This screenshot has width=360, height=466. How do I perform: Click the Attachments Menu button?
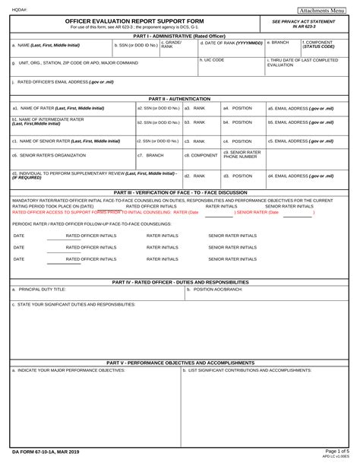[x=322, y=11]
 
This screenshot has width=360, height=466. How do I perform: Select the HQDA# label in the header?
[x=21, y=10]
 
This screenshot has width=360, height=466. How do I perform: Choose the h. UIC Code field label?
[x=212, y=59]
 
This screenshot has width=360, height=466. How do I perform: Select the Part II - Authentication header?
[x=179, y=99]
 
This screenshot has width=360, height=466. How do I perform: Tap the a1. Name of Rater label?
[x=47, y=108]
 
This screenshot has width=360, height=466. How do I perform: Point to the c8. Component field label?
[x=201, y=155]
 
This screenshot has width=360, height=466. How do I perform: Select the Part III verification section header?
[x=179, y=192]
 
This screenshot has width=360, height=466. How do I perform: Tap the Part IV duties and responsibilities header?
[x=179, y=281]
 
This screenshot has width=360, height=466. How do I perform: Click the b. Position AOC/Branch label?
[x=215, y=290]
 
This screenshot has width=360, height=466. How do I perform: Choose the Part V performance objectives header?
[x=179, y=363]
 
